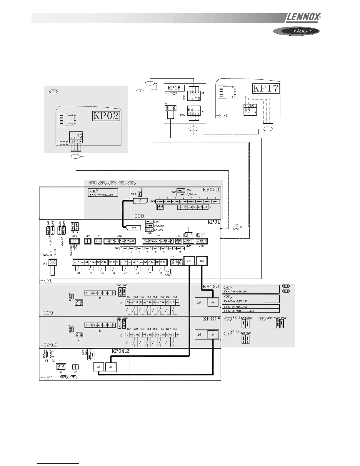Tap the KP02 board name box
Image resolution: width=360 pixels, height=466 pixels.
click(106, 116)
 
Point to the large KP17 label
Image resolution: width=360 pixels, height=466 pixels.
click(266, 88)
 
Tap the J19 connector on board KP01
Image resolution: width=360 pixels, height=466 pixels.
click(134, 227)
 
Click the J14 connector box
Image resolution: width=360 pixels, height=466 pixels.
click(189, 261)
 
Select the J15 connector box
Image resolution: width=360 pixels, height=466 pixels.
click(201, 261)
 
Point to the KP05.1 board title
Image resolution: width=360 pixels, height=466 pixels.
click(211, 190)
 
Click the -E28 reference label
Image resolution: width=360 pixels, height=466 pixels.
click(137, 216)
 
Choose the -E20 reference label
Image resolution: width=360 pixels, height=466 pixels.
click(46, 281)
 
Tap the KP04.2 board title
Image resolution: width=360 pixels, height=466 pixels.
click(120, 351)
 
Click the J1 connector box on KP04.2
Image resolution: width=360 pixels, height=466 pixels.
click(99, 367)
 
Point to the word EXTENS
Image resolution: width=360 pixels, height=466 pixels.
click(158, 230)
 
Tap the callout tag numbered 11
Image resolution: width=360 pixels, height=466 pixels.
click(53, 91)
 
